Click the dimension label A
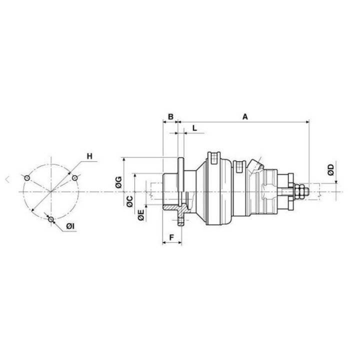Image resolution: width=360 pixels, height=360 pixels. (x=245, y=116)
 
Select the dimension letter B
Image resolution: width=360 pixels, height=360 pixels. (x=170, y=116)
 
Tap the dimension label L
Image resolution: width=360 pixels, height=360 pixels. (x=194, y=128)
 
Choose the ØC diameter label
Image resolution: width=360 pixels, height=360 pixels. (x=129, y=201)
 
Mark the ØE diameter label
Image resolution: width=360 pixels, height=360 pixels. (x=141, y=215)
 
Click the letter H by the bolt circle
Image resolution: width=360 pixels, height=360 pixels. (x=89, y=156)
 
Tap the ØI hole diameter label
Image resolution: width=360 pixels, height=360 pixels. (x=70, y=227)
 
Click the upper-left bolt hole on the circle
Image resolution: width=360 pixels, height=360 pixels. (x=27, y=178)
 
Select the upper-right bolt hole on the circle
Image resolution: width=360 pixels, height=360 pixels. (x=75, y=178)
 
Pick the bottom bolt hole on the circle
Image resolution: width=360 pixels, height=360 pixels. (x=51, y=219)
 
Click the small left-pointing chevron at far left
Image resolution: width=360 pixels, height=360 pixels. (x=7, y=178)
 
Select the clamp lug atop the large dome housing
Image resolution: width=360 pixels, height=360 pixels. (x=213, y=156)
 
